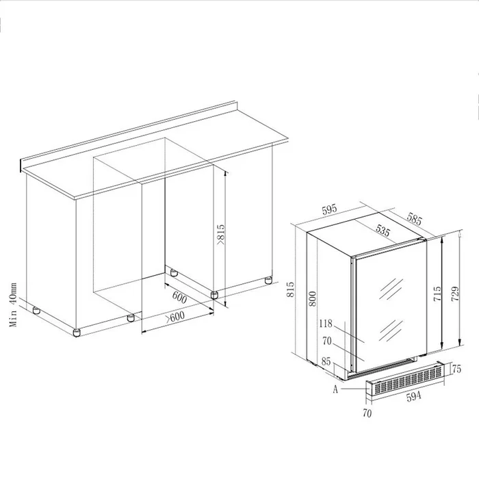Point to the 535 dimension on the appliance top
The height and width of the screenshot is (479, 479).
tap(383, 232)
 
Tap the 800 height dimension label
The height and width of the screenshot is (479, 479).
tap(313, 297)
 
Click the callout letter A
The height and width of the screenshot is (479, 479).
tap(335, 389)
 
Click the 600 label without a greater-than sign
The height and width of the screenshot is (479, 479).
tap(179, 297)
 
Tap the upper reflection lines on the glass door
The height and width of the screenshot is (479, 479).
tap(393, 285)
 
